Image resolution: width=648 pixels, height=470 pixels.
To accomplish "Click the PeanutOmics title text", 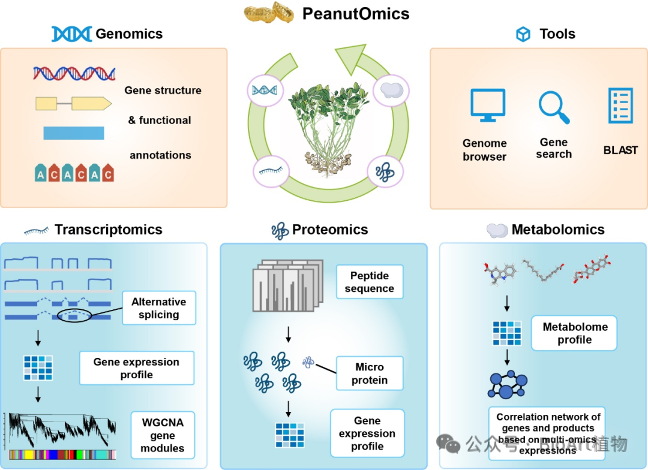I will coord(355,13).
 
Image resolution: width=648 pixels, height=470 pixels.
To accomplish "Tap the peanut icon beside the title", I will coord(270,13).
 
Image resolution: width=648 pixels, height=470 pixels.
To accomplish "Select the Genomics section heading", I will coord(129,34).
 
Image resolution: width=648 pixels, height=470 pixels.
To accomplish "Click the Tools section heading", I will coord(557,34).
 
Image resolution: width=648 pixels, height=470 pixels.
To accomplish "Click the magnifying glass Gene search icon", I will coord(553,107).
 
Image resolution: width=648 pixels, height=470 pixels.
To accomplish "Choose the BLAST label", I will coord(620,150).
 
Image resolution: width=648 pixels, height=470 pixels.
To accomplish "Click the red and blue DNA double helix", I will coord(74,74).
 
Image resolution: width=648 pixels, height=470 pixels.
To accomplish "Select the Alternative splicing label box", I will coord(158,308).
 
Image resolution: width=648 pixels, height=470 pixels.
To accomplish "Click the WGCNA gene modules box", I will coord(162,435).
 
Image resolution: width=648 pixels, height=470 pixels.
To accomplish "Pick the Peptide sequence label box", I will coord(369,282).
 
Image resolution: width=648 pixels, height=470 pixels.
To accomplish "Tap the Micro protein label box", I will coord(369,373).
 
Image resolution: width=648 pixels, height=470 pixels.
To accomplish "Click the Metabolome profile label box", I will coord(574,333).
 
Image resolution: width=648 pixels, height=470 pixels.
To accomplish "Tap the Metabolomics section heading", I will coord(557,230).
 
